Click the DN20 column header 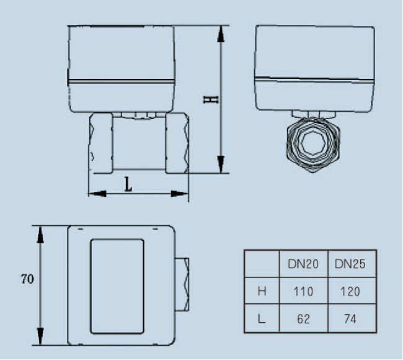pyautogui.click(x=303, y=264)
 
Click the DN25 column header pyautogui.click(x=350, y=264)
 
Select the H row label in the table pyautogui.click(x=262, y=291)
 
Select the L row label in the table pyautogui.click(x=262, y=319)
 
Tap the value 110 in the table pyautogui.click(x=303, y=291)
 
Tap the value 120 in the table pyautogui.click(x=350, y=291)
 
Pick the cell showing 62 pyautogui.click(x=303, y=319)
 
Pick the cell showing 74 pyautogui.click(x=350, y=319)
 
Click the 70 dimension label pyautogui.click(x=27, y=279)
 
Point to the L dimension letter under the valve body pyautogui.click(x=128, y=184)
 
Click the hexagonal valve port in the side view pyautogui.click(x=314, y=144)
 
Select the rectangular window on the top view pyautogui.click(x=117, y=286)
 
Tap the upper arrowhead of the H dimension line pyautogui.click(x=221, y=34)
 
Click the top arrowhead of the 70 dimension pyautogui.click(x=40, y=233)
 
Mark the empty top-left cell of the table pyautogui.click(x=262, y=264)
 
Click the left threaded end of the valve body pyautogui.click(x=102, y=143)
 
